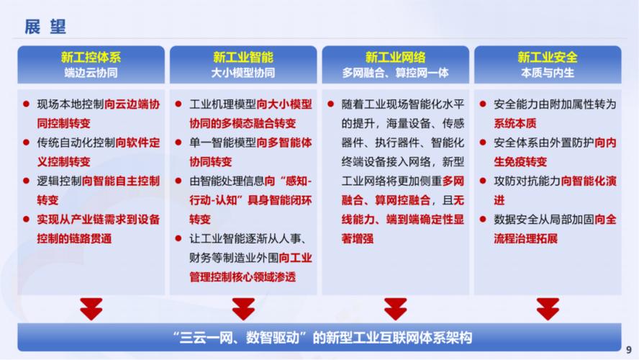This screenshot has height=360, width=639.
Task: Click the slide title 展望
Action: pos(45,26)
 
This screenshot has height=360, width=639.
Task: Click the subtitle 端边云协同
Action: pos(91,73)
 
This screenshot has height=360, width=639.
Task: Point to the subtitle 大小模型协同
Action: pos(243,73)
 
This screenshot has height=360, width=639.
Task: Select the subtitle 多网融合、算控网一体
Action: pos(395,73)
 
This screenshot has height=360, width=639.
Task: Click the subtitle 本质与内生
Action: pos(548,73)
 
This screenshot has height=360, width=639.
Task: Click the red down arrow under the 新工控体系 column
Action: pos(91,308)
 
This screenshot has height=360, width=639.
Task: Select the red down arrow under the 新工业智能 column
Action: pos(243,308)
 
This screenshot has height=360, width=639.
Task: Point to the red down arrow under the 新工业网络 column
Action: pos(395,308)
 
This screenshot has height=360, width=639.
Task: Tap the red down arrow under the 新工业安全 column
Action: pos(548,308)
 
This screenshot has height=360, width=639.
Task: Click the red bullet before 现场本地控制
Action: pos(26,104)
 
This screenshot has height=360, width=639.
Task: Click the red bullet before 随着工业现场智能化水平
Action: pos(330,104)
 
